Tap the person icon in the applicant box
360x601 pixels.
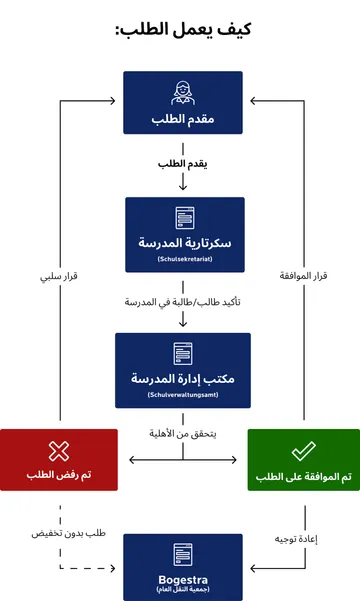point(183,92)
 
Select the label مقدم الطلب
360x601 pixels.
point(183,119)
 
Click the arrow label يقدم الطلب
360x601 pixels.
point(182,163)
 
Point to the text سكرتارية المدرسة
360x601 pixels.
point(184,243)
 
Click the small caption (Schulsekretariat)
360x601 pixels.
point(184,259)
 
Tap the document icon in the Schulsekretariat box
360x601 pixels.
point(184,217)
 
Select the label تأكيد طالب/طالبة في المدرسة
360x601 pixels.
point(183,301)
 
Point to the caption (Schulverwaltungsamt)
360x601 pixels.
point(182,396)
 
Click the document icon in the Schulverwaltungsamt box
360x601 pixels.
point(182,353)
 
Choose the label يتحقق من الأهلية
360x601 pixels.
point(182,436)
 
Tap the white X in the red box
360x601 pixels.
point(59,451)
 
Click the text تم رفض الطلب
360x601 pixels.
point(59,474)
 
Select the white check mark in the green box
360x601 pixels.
point(303,451)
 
